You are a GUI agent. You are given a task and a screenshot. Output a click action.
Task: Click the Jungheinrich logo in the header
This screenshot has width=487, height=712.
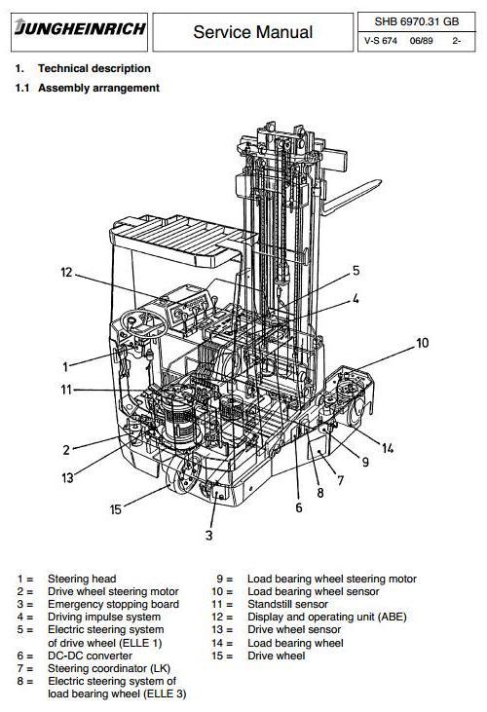[x=80, y=29]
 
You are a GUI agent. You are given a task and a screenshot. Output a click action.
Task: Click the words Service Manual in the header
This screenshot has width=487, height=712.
[x=252, y=32]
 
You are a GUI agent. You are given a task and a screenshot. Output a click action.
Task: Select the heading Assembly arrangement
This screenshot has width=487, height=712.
[x=98, y=88]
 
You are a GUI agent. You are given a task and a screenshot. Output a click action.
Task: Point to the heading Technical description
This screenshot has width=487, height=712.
[x=94, y=68]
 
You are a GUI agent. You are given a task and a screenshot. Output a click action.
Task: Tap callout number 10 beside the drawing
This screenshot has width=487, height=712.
[x=423, y=343]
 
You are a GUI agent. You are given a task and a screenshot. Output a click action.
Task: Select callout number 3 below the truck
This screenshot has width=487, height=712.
[x=208, y=535]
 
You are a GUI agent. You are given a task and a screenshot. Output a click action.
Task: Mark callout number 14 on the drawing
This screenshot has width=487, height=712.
[x=389, y=448]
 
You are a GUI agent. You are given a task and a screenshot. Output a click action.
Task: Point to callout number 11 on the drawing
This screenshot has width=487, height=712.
[x=66, y=390]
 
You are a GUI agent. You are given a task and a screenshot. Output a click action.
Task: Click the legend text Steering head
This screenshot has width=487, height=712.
[x=82, y=580]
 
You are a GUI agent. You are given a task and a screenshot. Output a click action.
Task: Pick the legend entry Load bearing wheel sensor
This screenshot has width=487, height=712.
[x=313, y=592]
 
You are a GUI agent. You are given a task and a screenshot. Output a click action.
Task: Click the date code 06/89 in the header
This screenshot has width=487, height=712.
[x=406, y=41]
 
